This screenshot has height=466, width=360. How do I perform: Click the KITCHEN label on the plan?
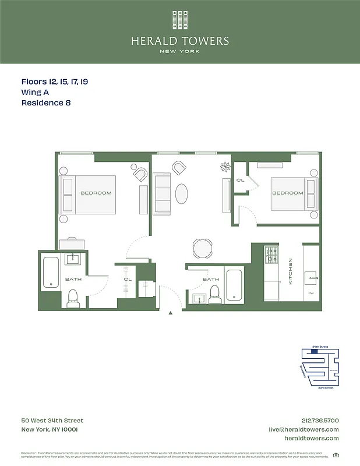tap(290, 271)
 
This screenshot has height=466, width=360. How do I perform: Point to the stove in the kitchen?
tap(271, 256)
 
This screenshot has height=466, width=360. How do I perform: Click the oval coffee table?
tap(182, 193)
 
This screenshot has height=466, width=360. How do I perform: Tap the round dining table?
tap(203, 248)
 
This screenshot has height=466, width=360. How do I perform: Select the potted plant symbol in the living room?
tap(225, 168)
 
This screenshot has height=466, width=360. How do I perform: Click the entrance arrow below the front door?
tap(171, 313)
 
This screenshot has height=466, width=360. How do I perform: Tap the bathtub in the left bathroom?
tap(51, 273)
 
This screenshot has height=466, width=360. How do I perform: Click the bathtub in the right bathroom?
tap(235, 285)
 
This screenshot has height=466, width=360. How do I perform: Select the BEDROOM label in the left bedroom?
tap(96, 193)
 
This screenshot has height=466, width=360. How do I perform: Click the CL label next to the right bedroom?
tap(240, 181)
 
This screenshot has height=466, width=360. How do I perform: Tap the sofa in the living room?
tap(161, 193)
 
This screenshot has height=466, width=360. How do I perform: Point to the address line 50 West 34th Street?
tap(52, 421)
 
